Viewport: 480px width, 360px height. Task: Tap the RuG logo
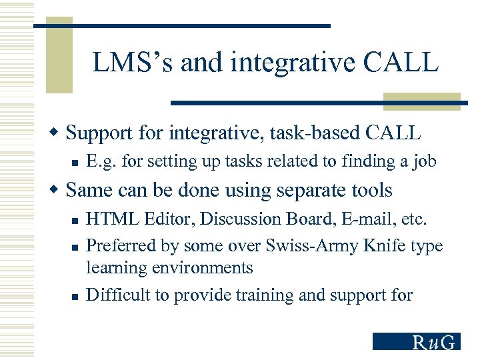point(417,341)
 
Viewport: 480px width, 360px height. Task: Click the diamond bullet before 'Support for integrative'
point(58,133)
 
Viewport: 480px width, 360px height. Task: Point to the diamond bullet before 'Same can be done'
point(58,190)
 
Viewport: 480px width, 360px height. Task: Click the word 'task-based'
point(317,133)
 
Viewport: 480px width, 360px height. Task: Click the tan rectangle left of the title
point(59,55)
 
